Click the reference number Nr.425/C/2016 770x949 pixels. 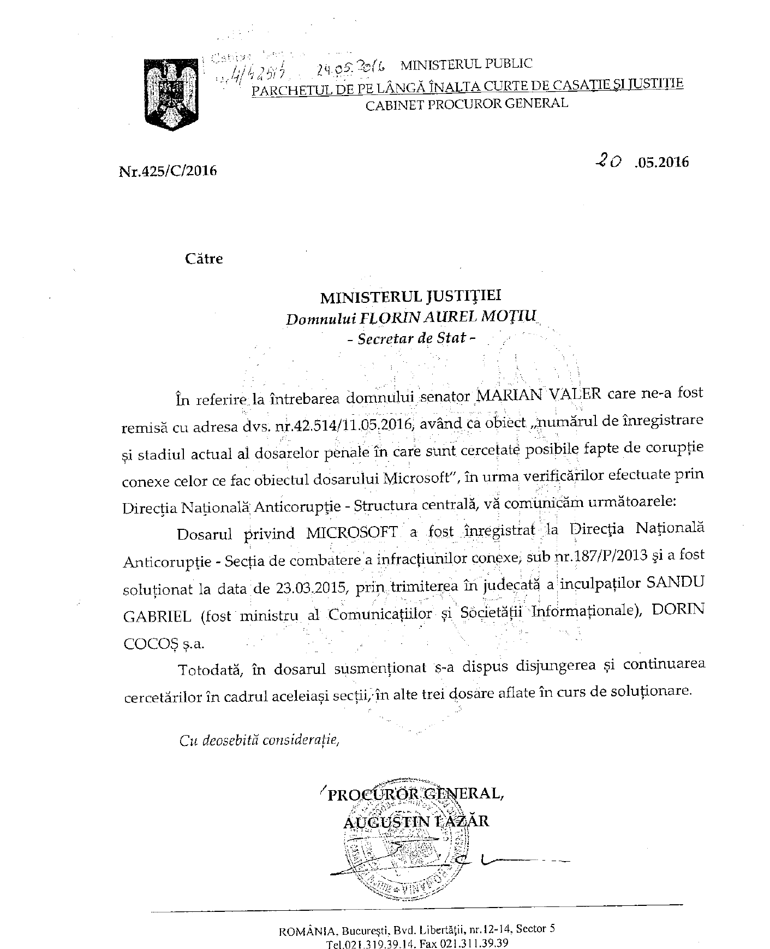(168, 171)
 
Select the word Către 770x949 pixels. (204, 258)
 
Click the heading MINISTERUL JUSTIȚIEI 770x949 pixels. (410, 296)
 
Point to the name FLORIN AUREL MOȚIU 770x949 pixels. (447, 317)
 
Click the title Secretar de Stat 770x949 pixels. (411, 338)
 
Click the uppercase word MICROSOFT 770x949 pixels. (351, 532)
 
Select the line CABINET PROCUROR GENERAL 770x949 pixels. (466, 103)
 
